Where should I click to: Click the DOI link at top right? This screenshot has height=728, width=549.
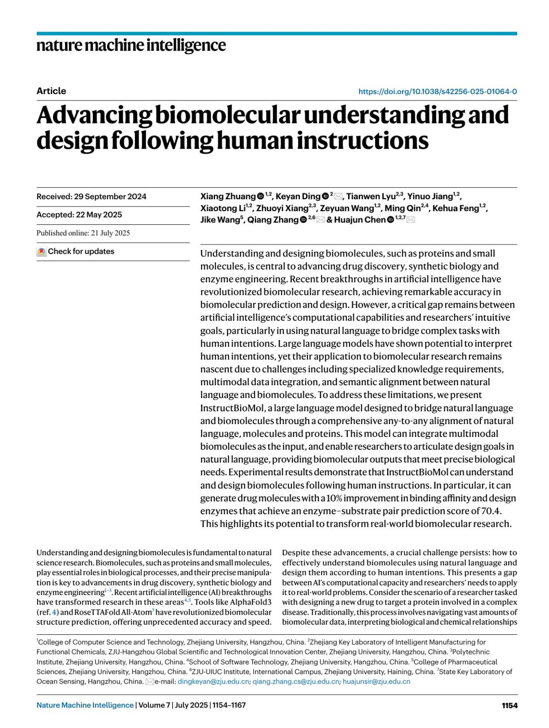coord(437,91)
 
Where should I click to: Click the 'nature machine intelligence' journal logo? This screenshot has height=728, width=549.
coord(131,45)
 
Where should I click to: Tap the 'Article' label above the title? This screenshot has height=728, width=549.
coord(51,91)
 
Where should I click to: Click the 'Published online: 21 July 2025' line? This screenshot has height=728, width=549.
coord(83,233)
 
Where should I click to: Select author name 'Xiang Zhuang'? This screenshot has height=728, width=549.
coord(227,197)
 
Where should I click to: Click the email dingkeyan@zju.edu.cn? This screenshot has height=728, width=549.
coord(213,681)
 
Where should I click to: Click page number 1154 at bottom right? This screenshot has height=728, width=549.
coord(509,705)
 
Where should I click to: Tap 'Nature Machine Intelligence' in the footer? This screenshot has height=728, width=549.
coord(85,705)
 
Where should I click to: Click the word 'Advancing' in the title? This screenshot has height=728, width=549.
coord(94,115)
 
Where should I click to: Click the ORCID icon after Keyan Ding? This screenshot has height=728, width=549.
coord(325,196)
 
